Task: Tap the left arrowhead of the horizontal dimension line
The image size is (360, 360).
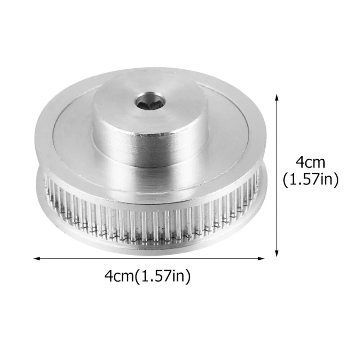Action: [x=35, y=258]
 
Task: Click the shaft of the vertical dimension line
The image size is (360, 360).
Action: [x=277, y=176]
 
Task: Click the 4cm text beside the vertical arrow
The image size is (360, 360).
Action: [x=310, y=163]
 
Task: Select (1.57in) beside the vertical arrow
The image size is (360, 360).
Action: [x=310, y=179]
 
